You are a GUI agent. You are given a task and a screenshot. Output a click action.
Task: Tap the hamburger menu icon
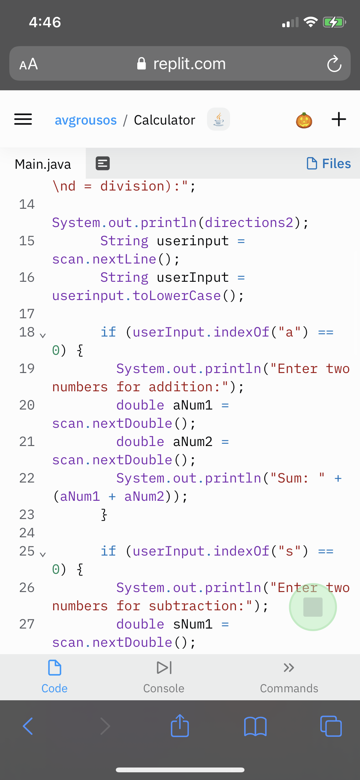tap(23, 119)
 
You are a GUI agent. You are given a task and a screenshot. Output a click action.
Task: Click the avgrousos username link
tap(86, 120)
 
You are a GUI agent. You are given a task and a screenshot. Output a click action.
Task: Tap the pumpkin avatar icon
tap(304, 120)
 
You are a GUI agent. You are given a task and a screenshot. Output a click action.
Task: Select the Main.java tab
tap(43, 164)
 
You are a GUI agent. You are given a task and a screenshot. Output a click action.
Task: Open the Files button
tap(329, 164)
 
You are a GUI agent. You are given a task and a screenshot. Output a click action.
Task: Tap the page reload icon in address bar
tap(334, 64)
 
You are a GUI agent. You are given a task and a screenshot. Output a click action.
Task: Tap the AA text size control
tap(29, 64)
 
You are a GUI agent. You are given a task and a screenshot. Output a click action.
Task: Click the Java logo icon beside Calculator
tap(219, 119)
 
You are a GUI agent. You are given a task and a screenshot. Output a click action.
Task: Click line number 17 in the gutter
tap(27, 314)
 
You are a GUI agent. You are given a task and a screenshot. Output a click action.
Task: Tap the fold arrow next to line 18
tap(43, 335)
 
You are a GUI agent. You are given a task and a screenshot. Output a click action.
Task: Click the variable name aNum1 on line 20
tap(193, 405)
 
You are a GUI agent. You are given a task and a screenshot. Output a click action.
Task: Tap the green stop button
tap(313, 607)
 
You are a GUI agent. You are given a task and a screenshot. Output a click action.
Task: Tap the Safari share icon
tap(180, 726)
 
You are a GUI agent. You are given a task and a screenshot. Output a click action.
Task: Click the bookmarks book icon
tap(255, 726)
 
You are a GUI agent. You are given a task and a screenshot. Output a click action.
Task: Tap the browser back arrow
tap(28, 726)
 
